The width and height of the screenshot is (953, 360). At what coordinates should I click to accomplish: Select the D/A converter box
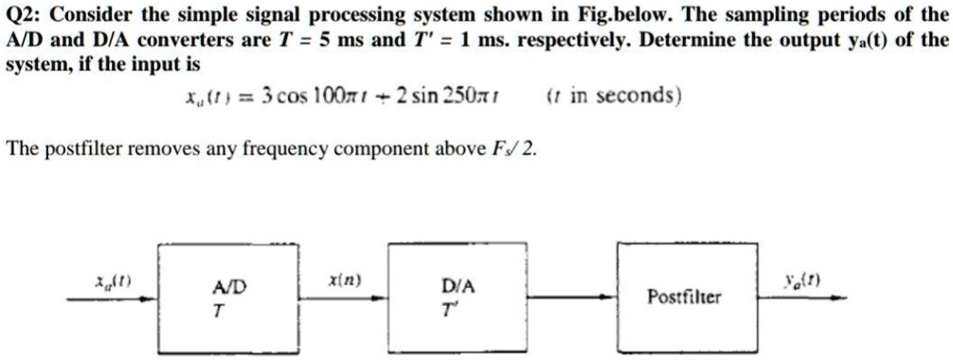(x=446, y=296)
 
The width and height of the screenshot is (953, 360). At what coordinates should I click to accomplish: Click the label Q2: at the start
(x=26, y=15)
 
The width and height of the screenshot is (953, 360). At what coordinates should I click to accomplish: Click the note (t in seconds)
(x=614, y=97)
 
